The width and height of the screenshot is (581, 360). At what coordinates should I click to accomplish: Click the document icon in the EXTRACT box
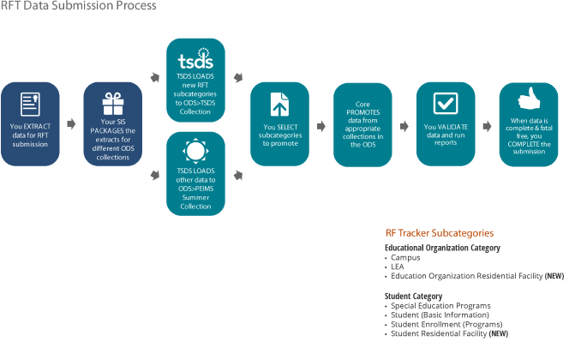[30, 105]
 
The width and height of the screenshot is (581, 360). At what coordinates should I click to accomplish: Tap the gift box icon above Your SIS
[113, 104]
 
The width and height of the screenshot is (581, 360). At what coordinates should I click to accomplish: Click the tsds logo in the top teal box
[195, 58]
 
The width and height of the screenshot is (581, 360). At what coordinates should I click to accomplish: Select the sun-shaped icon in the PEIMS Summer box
[195, 151]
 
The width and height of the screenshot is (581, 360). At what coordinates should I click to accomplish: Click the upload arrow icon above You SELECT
[279, 105]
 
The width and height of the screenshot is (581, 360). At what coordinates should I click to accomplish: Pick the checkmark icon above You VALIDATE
[446, 104]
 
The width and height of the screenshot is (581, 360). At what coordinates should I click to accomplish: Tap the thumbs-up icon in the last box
[529, 99]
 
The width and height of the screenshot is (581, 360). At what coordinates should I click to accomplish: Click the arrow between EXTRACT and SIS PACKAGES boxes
[71, 123]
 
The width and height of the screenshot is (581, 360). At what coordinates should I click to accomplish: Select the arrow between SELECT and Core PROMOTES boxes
[321, 126]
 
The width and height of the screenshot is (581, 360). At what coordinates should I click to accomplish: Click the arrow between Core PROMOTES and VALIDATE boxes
[404, 126]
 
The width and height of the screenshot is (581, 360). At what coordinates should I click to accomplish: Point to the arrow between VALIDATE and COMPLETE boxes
[488, 126]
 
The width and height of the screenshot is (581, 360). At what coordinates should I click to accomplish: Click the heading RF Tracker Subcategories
[440, 233]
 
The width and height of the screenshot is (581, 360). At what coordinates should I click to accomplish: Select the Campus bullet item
[405, 257]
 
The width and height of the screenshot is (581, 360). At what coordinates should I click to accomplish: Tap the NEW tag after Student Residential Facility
[499, 333]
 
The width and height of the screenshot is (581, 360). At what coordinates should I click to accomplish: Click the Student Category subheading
[414, 297]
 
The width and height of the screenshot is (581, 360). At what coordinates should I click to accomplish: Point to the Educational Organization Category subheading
[442, 248]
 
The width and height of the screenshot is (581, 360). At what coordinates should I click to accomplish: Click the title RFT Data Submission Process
[78, 5]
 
